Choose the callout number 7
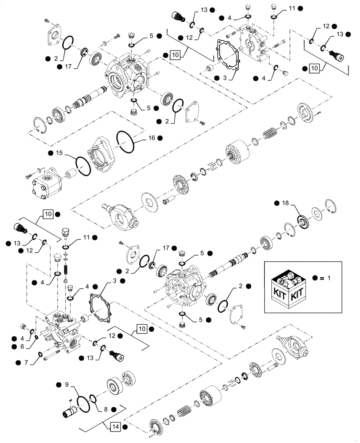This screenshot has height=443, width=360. (26, 362)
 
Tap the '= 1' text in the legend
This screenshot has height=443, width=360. (326, 279)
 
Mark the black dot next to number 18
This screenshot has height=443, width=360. (277, 203)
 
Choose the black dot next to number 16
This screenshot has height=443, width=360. (160, 139)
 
